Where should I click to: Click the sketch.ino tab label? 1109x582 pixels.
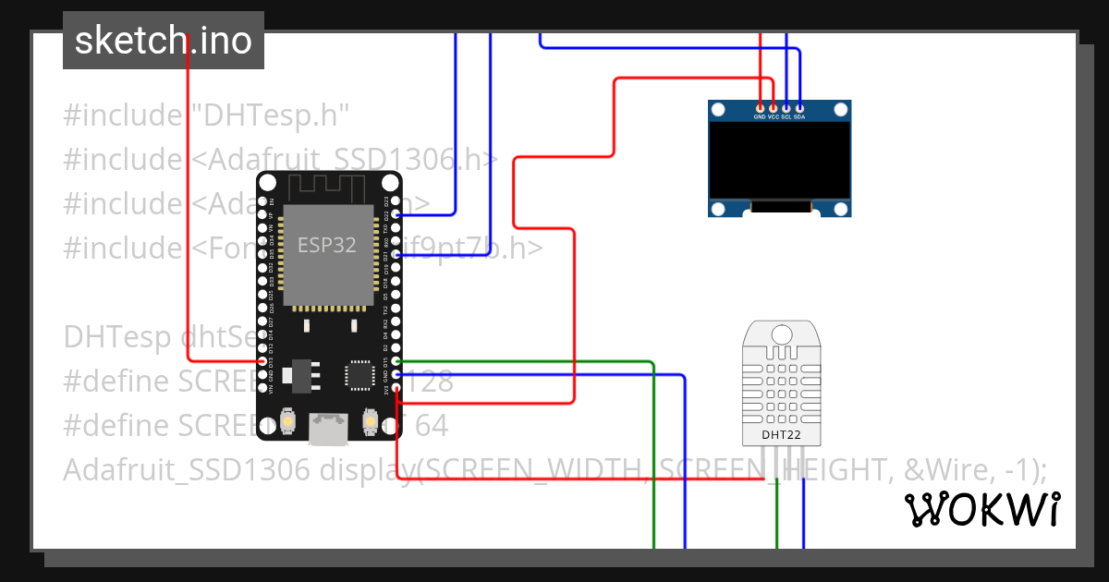[164, 41]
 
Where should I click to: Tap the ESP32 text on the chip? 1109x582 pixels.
[326, 245]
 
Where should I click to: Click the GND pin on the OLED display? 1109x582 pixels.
[760, 109]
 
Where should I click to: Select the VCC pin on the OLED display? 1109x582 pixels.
[774, 109]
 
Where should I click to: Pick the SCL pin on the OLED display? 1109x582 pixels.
[786, 109]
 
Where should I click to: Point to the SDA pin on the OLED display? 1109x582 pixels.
[799, 109]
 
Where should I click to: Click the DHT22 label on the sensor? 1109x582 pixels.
[780, 434]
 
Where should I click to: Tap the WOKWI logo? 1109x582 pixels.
[981, 509]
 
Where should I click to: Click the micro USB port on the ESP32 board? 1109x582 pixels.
[328, 428]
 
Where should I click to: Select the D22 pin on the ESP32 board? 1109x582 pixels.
[396, 214]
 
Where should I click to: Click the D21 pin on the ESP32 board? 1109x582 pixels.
[396, 254]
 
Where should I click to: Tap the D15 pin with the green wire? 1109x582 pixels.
[396, 361]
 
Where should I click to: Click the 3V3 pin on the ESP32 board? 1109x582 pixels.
[396, 388]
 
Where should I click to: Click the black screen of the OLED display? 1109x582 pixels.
[779, 162]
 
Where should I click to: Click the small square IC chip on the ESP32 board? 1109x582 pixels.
[358, 374]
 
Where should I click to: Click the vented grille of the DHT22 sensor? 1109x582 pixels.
[780, 388]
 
